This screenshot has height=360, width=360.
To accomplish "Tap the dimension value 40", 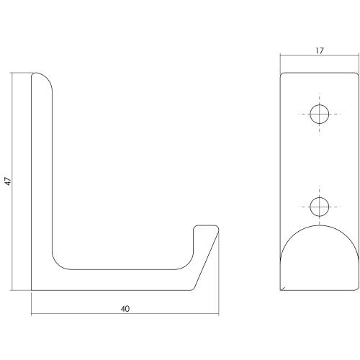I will coord(125,309).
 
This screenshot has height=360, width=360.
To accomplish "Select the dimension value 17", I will coord(318,50).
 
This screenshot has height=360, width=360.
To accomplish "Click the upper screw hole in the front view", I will coord(318,114).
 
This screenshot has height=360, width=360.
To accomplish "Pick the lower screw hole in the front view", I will coord(318,207).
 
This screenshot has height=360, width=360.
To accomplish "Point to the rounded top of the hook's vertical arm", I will coord(42,78).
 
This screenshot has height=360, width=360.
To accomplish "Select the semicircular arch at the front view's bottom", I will coord(318,252).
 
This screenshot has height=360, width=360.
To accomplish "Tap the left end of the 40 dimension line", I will coord(32,315).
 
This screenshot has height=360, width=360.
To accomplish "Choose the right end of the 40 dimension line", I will coord(219,315).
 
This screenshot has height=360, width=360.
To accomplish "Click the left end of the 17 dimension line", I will coord(279,57).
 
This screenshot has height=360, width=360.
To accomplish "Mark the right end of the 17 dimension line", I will coord(358,57).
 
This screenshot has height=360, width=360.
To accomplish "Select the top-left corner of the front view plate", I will coord(281,72).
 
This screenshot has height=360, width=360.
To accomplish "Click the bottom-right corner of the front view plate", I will coord(357,290).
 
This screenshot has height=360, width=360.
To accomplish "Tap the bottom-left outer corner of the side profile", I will coord(32,290).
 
